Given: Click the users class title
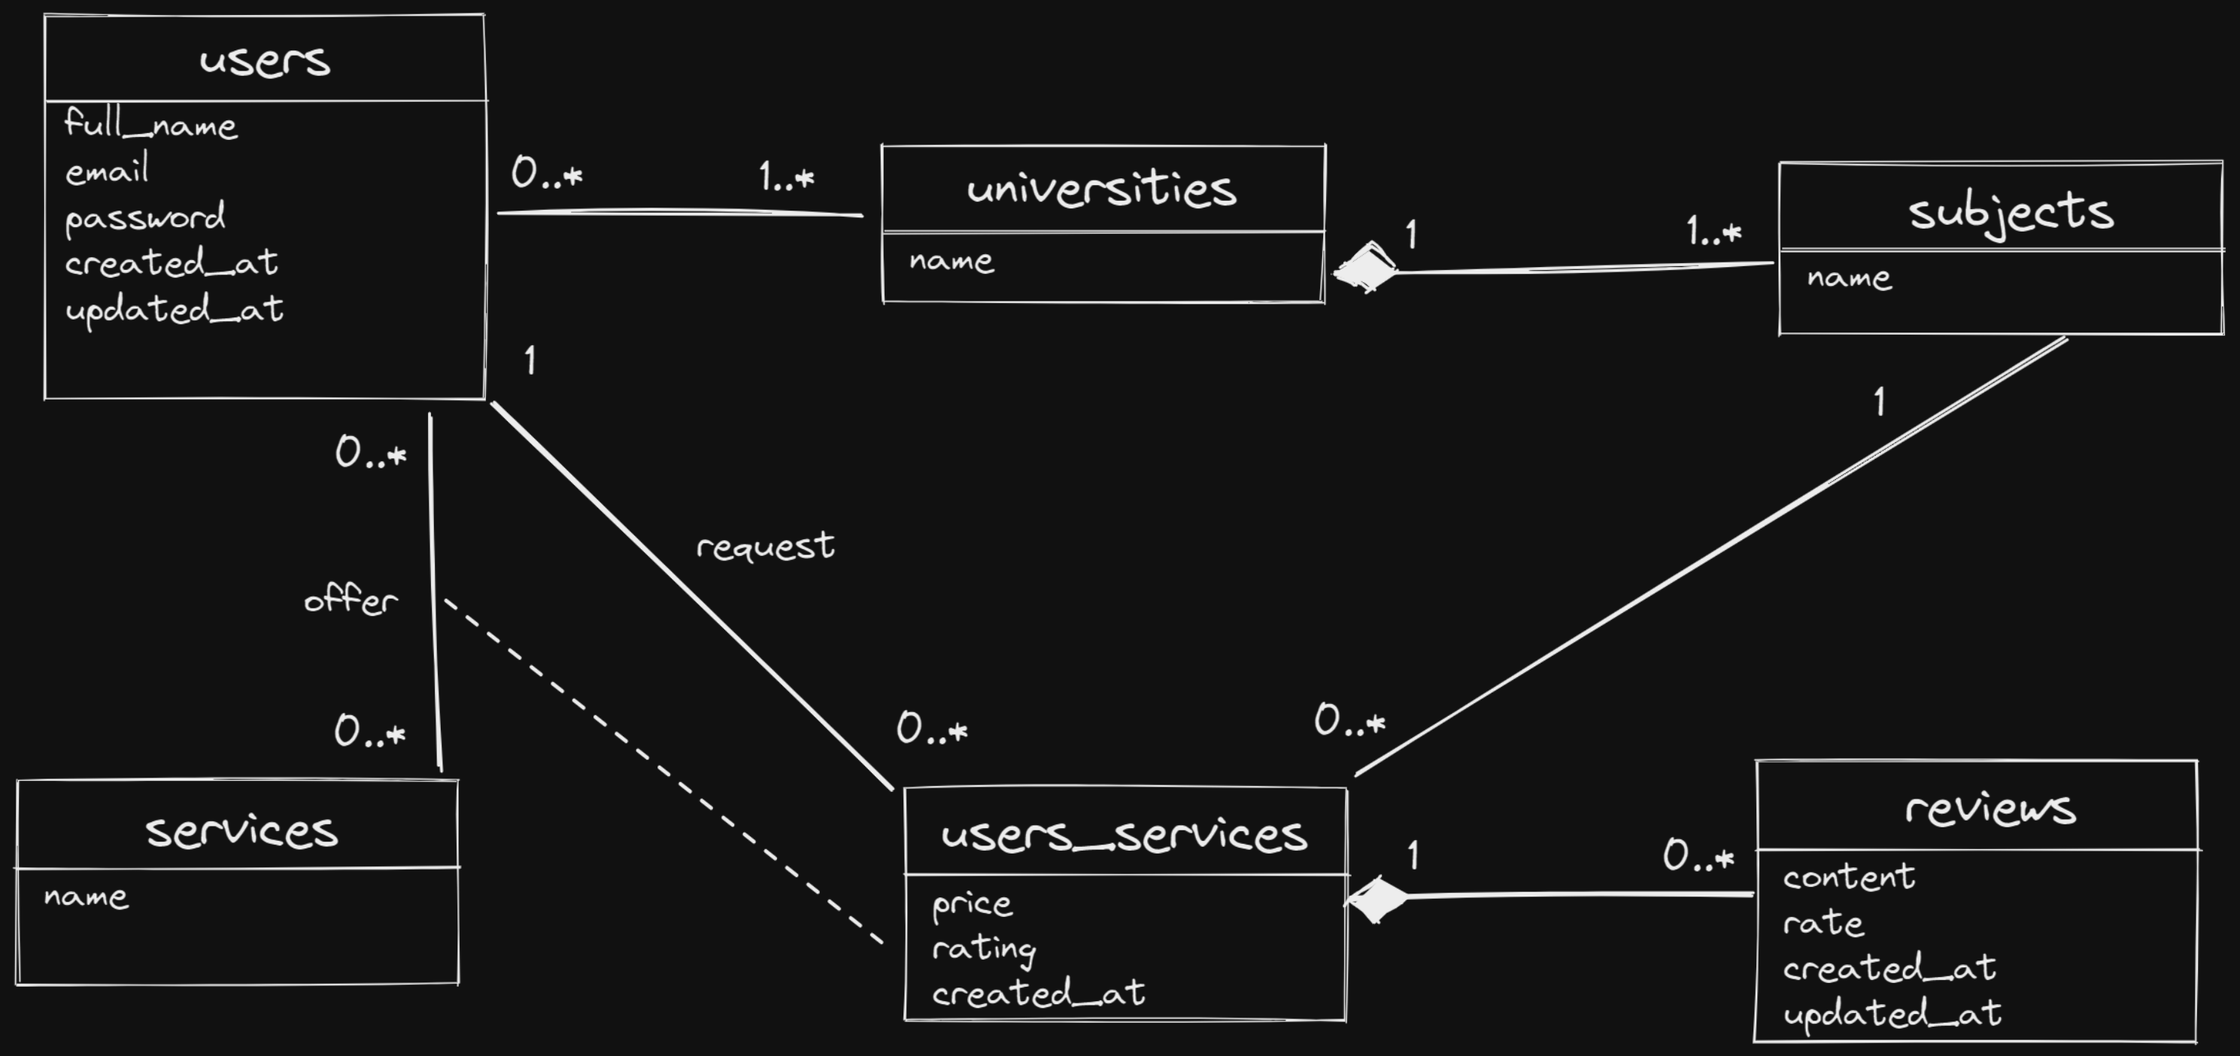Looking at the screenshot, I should (264, 60).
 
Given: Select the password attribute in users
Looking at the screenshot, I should (145, 217).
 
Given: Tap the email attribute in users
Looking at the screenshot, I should (107, 171).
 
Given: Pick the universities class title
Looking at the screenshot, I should (1101, 189).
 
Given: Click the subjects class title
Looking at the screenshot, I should (2011, 211).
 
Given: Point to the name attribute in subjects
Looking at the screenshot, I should (1849, 278).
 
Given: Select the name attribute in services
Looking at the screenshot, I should (86, 896).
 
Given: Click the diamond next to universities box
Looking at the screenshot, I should (1365, 268).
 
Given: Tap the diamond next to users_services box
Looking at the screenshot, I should (1376, 900).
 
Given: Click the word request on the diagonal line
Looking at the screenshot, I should (765, 546).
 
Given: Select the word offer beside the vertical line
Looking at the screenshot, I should (351, 599).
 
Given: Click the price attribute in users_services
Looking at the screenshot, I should (972, 905).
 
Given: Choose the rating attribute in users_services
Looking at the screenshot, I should (983, 949).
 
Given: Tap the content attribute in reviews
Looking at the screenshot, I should (1849, 877).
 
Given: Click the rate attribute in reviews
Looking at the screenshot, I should (1823, 923).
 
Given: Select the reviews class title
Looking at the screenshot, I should (1990, 808).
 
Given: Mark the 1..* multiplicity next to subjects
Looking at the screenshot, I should (1713, 232).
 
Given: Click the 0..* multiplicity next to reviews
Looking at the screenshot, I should (1698, 856).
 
